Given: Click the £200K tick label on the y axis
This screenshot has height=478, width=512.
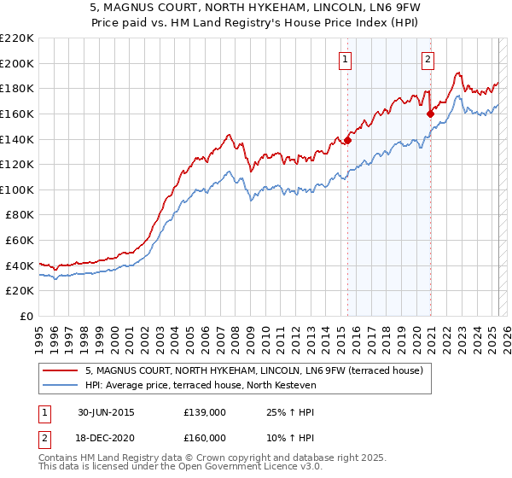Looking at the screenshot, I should pyautogui.click(x=18, y=63).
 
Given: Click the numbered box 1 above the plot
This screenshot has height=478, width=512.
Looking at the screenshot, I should pyautogui.click(x=345, y=60).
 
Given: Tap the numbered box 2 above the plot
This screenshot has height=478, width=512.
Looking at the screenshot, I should pyautogui.click(x=428, y=60).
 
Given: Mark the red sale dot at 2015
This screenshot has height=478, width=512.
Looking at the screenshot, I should pyautogui.click(x=348, y=141).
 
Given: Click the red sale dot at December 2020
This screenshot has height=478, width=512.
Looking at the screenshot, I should pyautogui.click(x=431, y=114).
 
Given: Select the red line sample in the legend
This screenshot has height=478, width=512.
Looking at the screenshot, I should pyautogui.click(x=60, y=370).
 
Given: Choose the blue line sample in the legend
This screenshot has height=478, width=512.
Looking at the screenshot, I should pyautogui.click(x=60, y=386).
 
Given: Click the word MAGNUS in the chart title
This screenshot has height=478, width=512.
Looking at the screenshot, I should pyautogui.click(x=131, y=10).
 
